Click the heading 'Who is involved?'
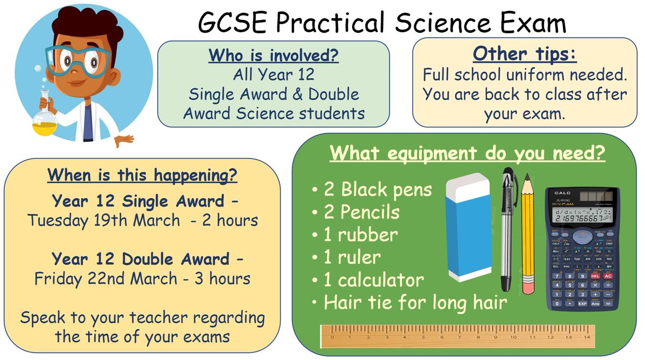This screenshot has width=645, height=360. click(x=274, y=55)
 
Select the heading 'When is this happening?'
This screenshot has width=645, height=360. click(x=142, y=175)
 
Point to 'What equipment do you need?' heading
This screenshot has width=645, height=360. click(x=467, y=154)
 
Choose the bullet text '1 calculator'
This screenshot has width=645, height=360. click(x=374, y=280)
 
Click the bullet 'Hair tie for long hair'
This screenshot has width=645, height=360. click(x=415, y=303)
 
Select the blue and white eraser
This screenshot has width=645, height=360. click(x=468, y=228)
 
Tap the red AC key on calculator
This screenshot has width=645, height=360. click(x=607, y=276)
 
